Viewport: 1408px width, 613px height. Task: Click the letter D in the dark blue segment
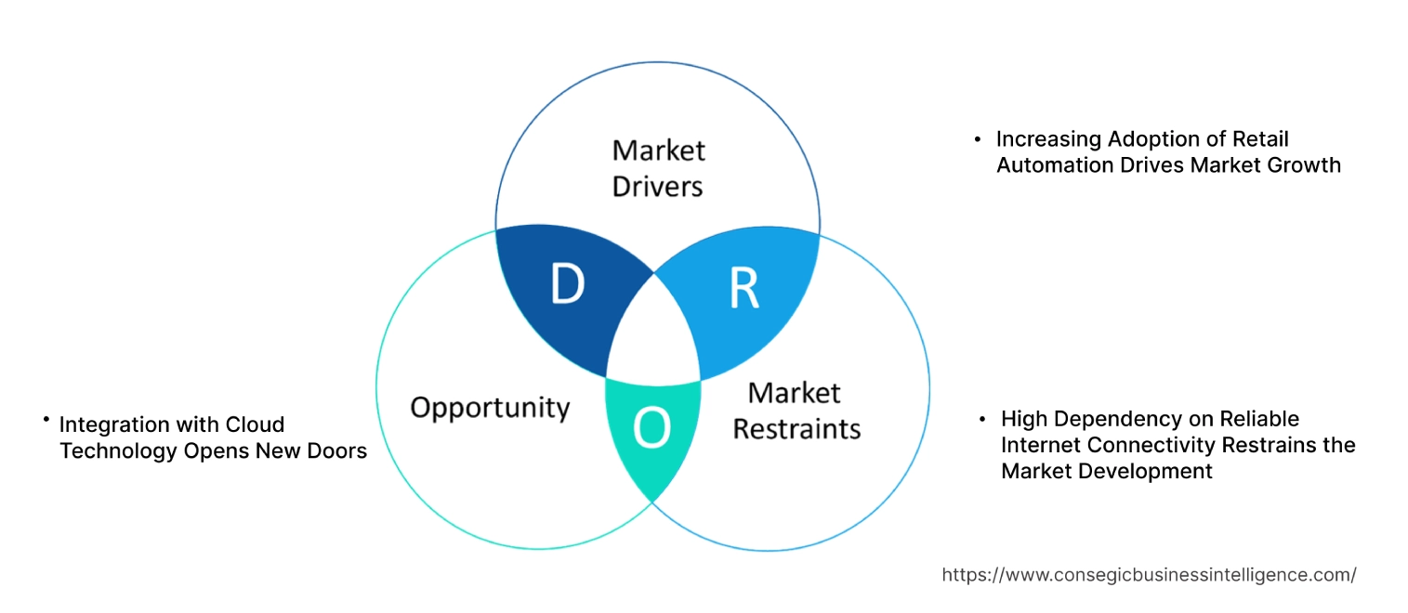[x=567, y=285]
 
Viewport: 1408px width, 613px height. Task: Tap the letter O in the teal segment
[x=651, y=428]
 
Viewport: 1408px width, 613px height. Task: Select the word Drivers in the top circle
[x=657, y=187]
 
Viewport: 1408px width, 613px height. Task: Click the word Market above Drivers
[x=658, y=150]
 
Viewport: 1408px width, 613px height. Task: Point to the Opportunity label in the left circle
[x=490, y=407]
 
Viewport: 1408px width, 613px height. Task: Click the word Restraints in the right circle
[x=796, y=429]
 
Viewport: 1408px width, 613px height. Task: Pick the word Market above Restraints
[x=794, y=393]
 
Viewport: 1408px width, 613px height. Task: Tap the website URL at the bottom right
[x=1149, y=575]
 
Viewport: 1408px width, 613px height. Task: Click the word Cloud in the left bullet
[x=255, y=424]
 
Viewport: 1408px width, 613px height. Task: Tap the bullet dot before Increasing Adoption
[x=977, y=139]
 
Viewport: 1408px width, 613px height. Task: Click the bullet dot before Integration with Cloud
[x=46, y=421]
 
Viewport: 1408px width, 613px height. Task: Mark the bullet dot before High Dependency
[x=982, y=420]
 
